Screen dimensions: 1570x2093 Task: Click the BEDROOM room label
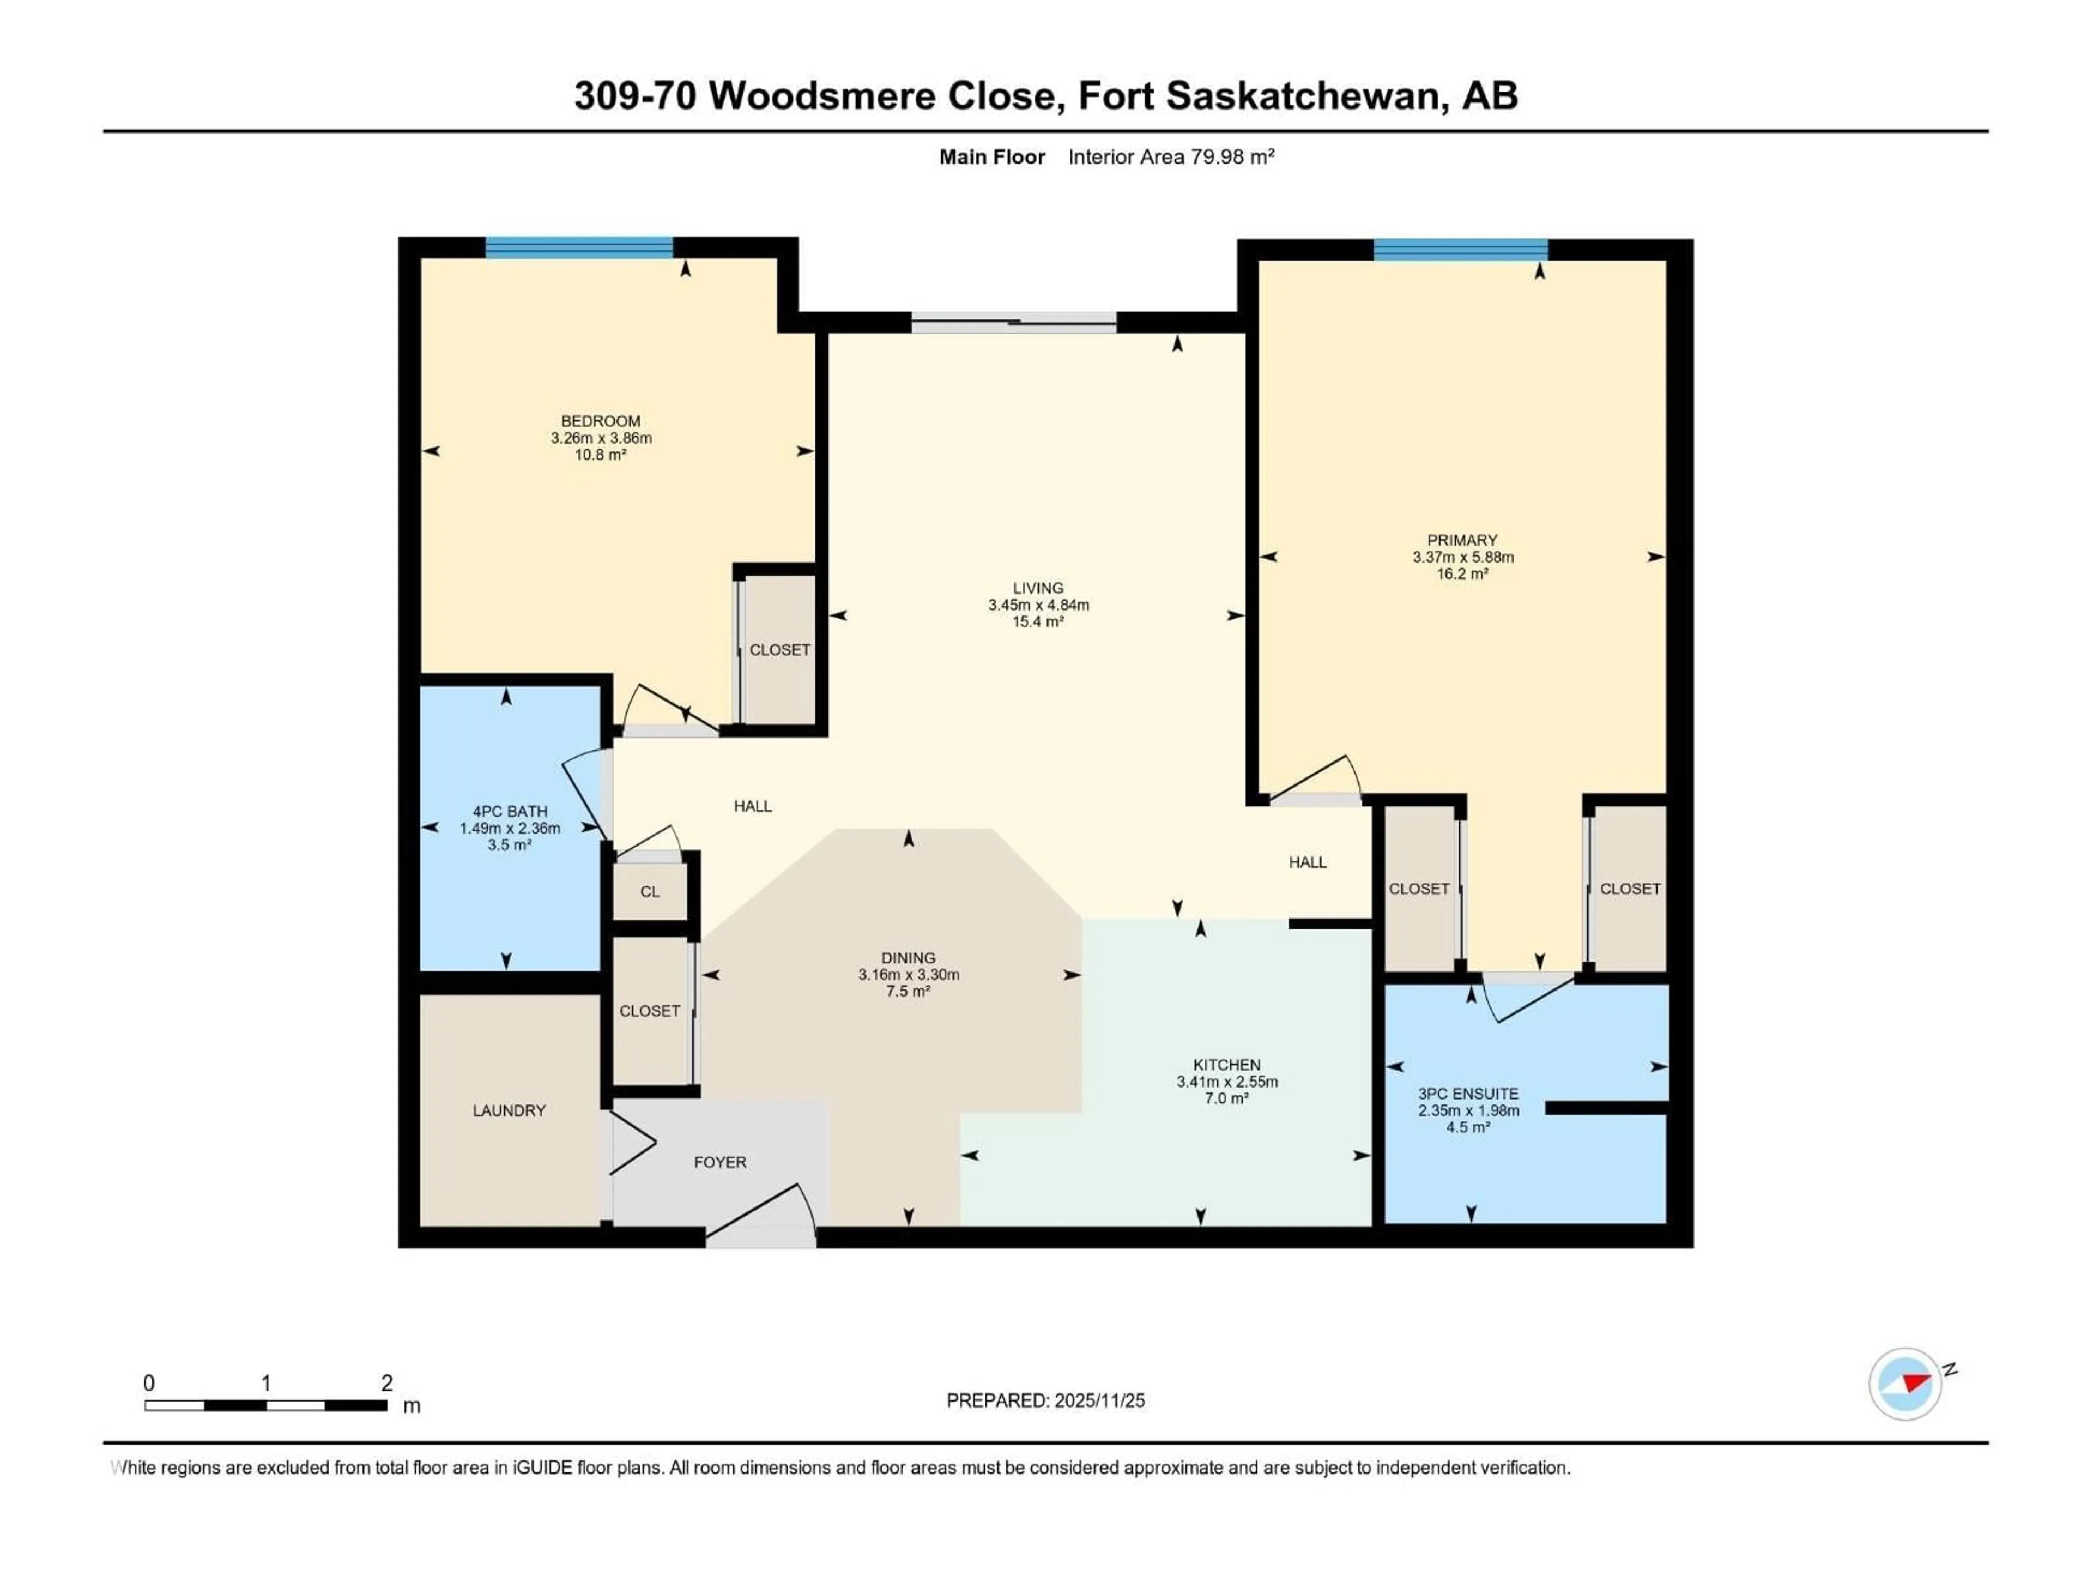600,421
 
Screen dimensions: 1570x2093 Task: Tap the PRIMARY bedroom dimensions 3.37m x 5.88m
1463,557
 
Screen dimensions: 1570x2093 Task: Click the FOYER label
720,1162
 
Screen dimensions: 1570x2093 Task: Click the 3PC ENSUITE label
1468,1093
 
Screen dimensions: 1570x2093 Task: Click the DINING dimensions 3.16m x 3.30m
909,975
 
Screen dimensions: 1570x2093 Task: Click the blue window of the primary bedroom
1460,250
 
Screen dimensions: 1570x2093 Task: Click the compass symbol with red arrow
1905,1384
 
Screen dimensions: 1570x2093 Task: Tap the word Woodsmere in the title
821,95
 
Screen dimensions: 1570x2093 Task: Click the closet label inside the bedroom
779,650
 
